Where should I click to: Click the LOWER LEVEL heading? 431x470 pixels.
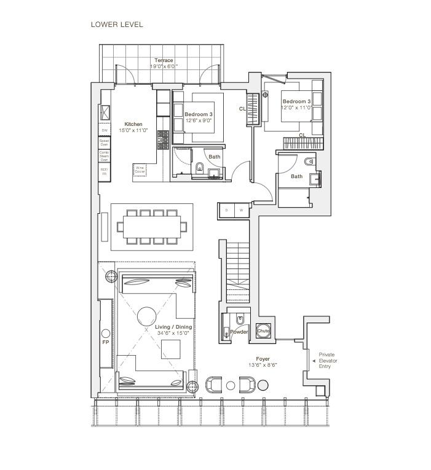click(x=117, y=25)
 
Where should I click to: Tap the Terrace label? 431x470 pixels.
click(x=164, y=60)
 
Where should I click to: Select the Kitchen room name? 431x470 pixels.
click(x=133, y=124)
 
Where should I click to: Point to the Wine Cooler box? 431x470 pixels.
click(x=140, y=169)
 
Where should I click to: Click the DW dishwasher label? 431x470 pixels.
click(x=105, y=130)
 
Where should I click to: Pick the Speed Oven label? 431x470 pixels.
click(x=105, y=143)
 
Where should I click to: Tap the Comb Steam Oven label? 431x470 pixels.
click(x=105, y=156)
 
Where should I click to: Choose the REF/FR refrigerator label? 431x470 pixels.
click(x=105, y=172)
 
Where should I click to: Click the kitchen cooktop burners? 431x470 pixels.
click(x=163, y=140)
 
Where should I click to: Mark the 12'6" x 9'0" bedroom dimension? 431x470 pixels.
click(x=199, y=121)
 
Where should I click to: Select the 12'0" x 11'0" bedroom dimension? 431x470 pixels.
click(x=296, y=108)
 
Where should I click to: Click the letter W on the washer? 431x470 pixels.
click(x=240, y=210)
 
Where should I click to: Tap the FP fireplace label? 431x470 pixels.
click(x=105, y=342)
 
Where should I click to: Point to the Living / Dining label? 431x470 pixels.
click(x=173, y=327)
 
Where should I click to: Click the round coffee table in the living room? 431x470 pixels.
click(x=147, y=316)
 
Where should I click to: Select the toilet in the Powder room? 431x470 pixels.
click(x=240, y=318)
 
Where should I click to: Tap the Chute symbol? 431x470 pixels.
click(x=263, y=331)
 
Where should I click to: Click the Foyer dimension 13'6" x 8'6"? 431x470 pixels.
click(x=263, y=365)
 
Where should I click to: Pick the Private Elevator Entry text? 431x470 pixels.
click(x=328, y=360)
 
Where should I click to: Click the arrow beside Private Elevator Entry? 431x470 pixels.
click(x=315, y=360)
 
